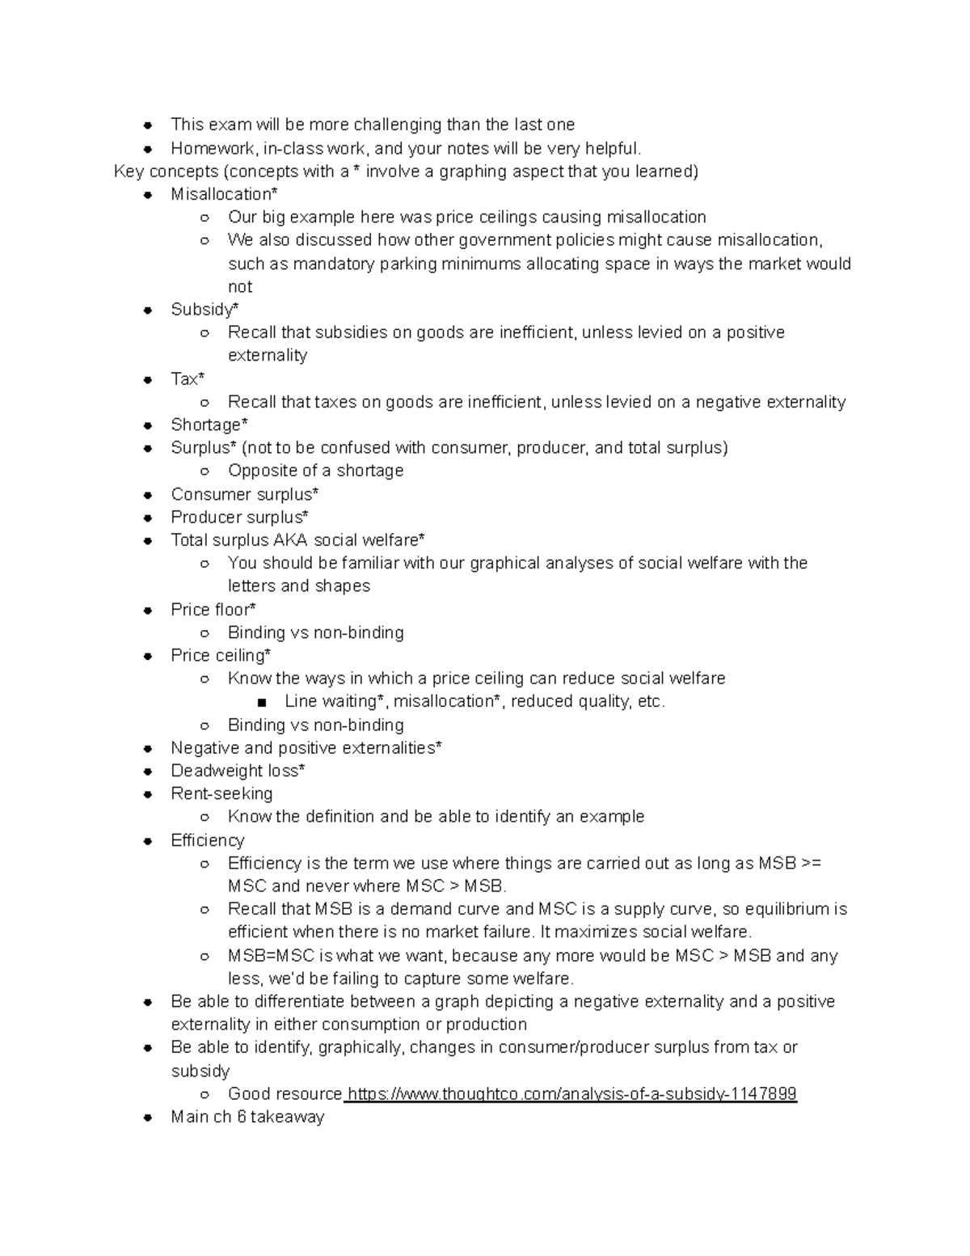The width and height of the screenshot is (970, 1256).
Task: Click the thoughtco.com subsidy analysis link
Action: [x=571, y=1094]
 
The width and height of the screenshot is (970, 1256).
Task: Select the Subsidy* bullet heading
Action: [x=205, y=310]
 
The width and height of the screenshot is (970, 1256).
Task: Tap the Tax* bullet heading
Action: [x=188, y=379]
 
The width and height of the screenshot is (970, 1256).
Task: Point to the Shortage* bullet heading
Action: [x=209, y=425]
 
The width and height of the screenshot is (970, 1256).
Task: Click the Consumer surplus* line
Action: [x=244, y=494]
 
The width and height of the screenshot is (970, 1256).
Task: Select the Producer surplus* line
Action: [x=239, y=518]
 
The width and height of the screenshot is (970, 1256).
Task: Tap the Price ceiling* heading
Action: [x=221, y=656]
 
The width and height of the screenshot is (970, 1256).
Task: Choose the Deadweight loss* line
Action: [x=238, y=771]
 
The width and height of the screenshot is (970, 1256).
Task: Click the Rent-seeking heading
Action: [x=221, y=794]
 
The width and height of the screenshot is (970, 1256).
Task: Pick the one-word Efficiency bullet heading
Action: [x=207, y=841]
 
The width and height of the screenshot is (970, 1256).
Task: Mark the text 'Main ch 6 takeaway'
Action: [x=247, y=1118]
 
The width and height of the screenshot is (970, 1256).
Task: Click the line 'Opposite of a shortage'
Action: [x=315, y=471]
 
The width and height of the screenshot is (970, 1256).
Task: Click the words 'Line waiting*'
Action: [x=335, y=701]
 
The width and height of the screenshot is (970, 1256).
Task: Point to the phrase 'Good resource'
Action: [x=285, y=1094]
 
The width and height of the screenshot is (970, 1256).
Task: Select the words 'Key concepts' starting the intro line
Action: [x=166, y=171]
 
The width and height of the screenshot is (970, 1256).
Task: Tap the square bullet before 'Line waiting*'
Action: [x=261, y=702]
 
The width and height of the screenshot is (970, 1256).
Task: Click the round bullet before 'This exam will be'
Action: [x=147, y=125]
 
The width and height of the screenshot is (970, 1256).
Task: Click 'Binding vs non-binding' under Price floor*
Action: [x=315, y=632]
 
